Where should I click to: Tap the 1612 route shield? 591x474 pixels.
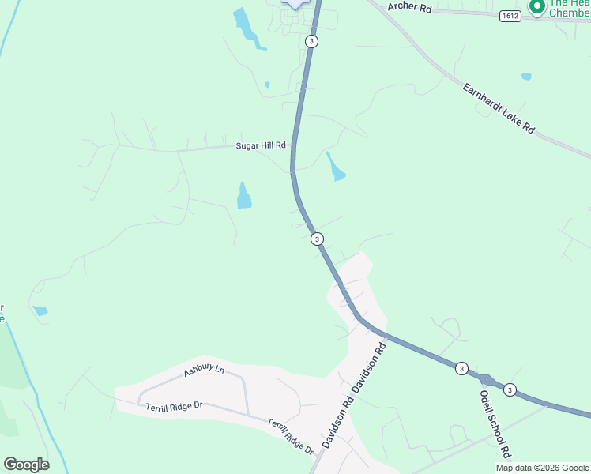(x=510, y=16)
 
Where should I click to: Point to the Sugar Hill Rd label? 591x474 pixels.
(x=265, y=145)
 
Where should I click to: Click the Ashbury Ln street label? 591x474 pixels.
(x=204, y=371)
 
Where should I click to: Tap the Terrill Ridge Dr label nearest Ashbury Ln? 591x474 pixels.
(x=174, y=406)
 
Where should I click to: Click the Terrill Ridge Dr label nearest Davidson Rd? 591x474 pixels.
(x=290, y=436)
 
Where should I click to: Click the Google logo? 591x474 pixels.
(x=26, y=465)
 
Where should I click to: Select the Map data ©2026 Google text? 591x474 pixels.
(x=542, y=468)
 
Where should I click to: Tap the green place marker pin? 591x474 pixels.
(x=538, y=6)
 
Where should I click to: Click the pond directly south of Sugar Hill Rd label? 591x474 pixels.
(x=244, y=196)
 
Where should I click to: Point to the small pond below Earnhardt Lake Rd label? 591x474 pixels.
(x=526, y=77)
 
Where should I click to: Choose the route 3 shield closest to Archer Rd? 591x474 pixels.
(x=312, y=41)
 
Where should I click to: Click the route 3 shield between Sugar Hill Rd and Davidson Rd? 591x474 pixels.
(x=316, y=239)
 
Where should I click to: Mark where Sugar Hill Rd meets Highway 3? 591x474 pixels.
(x=293, y=145)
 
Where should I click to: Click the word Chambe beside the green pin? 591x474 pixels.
(x=569, y=13)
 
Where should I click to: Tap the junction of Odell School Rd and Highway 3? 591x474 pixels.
(x=484, y=380)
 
